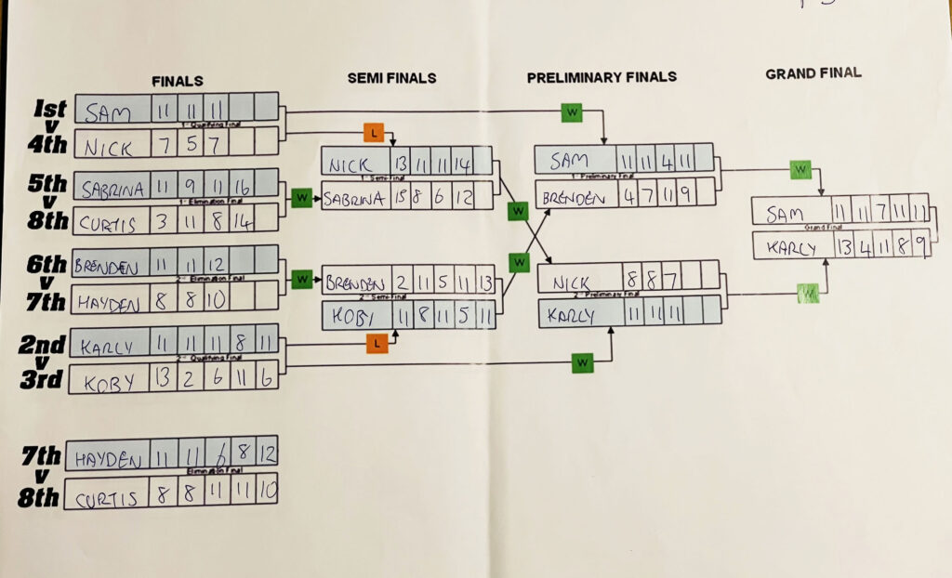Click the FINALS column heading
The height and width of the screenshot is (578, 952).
[x=178, y=81]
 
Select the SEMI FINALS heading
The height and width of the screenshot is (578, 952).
[x=391, y=78]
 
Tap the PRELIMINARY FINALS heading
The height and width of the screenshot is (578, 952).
[x=602, y=77]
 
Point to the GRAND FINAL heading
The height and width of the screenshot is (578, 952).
[x=813, y=72]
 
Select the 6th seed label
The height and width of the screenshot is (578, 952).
[x=45, y=264]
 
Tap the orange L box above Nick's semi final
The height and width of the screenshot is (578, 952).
[x=374, y=132]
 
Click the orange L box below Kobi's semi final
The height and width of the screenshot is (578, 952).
[x=376, y=344]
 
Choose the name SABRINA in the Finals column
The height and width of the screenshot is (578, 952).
[x=112, y=189]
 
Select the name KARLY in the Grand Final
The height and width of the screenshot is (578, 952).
[x=792, y=248]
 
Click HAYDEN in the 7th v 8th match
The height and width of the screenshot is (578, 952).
[x=106, y=457]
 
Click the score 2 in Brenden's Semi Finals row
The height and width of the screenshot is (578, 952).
[x=401, y=282]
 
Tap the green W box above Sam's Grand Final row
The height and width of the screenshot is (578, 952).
[x=799, y=170]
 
